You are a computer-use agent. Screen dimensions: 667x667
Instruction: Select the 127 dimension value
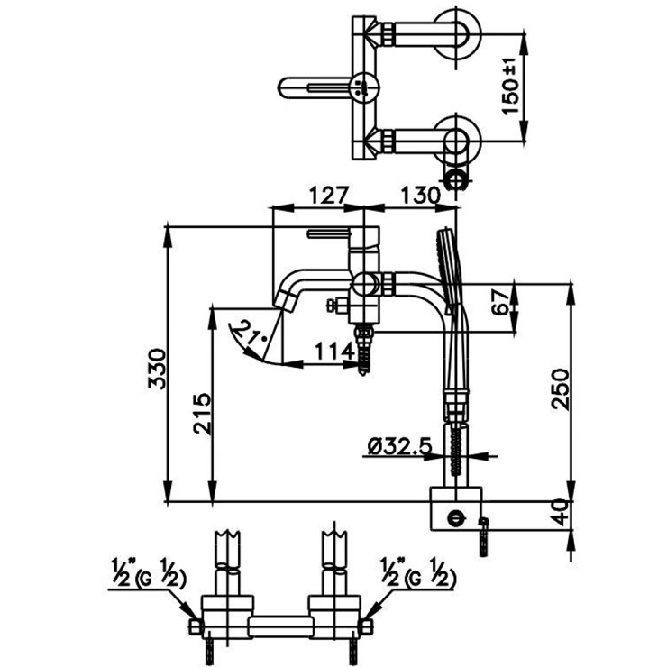(316, 195)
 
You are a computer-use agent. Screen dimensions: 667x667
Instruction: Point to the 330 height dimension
(159, 368)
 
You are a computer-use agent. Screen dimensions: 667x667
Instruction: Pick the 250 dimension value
(562, 389)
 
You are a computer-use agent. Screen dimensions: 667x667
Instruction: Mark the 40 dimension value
(561, 514)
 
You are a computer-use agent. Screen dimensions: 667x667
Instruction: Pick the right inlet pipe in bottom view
(333, 559)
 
